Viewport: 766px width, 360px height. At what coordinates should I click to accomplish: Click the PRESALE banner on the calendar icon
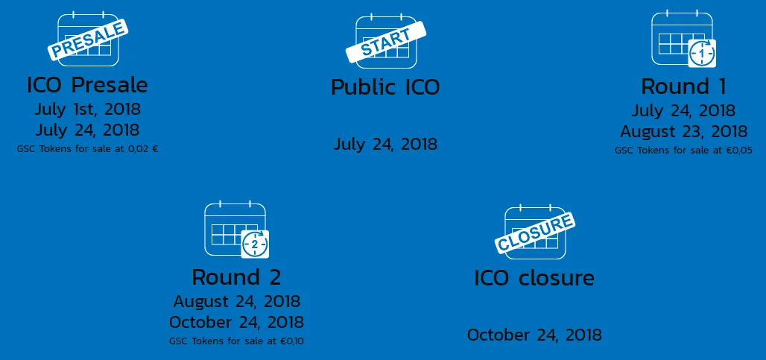(x=88, y=40)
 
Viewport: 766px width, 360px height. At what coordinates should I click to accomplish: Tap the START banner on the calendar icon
(x=386, y=41)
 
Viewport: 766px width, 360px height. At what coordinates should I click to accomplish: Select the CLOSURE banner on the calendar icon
(x=535, y=233)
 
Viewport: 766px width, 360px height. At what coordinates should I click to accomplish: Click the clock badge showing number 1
(x=702, y=53)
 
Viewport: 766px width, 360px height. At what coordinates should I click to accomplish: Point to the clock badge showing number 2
(x=255, y=244)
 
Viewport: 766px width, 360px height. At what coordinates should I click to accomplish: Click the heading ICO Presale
(x=87, y=85)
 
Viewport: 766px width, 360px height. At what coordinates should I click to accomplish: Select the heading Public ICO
(x=385, y=87)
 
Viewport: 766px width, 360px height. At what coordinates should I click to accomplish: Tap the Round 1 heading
(x=683, y=86)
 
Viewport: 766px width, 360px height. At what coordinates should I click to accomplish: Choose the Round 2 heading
(x=236, y=277)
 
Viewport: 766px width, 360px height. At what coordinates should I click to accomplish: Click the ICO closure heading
(x=534, y=278)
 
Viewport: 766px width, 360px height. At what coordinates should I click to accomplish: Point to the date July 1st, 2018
(x=87, y=108)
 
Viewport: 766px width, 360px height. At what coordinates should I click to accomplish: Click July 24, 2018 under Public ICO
(x=385, y=144)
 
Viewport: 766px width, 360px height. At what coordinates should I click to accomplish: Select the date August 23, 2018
(x=684, y=131)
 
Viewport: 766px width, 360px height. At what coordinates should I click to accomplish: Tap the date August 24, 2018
(x=237, y=301)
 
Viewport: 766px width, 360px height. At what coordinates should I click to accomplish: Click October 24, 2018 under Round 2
(x=236, y=323)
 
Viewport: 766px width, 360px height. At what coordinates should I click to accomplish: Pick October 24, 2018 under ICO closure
(x=534, y=335)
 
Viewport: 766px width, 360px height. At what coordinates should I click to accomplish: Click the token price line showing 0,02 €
(x=87, y=149)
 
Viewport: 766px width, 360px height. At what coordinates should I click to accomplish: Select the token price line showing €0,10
(x=236, y=341)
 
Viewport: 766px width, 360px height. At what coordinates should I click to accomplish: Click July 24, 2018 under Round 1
(x=683, y=110)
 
